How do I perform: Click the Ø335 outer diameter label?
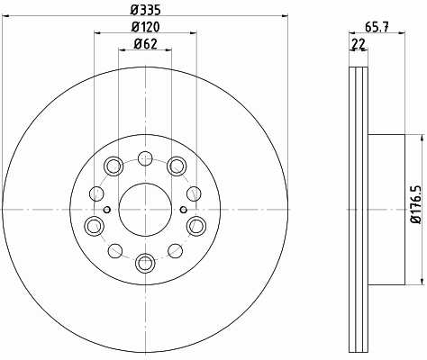click(146, 11)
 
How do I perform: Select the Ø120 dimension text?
click(146, 27)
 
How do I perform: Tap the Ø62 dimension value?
click(146, 44)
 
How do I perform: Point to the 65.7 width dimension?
click(377, 27)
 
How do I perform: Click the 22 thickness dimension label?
click(358, 44)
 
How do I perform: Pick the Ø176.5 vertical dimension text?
click(417, 204)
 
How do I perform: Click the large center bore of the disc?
click(145, 209)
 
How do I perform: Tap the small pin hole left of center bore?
click(107, 210)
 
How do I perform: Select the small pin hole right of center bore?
click(184, 210)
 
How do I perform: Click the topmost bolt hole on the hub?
click(145, 158)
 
